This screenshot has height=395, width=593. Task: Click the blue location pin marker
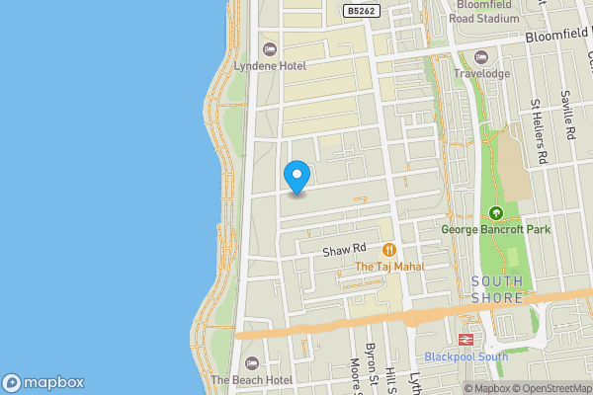point(296,177)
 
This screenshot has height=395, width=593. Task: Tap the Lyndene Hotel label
point(270,65)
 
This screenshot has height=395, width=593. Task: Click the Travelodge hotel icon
point(481,56)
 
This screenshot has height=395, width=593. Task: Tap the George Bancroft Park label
point(496,229)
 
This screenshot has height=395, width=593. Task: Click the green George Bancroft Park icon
point(496,213)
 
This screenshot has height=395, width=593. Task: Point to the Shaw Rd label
point(345,250)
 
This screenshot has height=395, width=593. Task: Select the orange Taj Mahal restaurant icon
point(389,250)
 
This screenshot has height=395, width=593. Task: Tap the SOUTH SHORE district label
point(497,289)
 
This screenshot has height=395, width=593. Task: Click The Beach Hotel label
point(251,379)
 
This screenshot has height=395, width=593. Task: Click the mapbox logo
point(43,383)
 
